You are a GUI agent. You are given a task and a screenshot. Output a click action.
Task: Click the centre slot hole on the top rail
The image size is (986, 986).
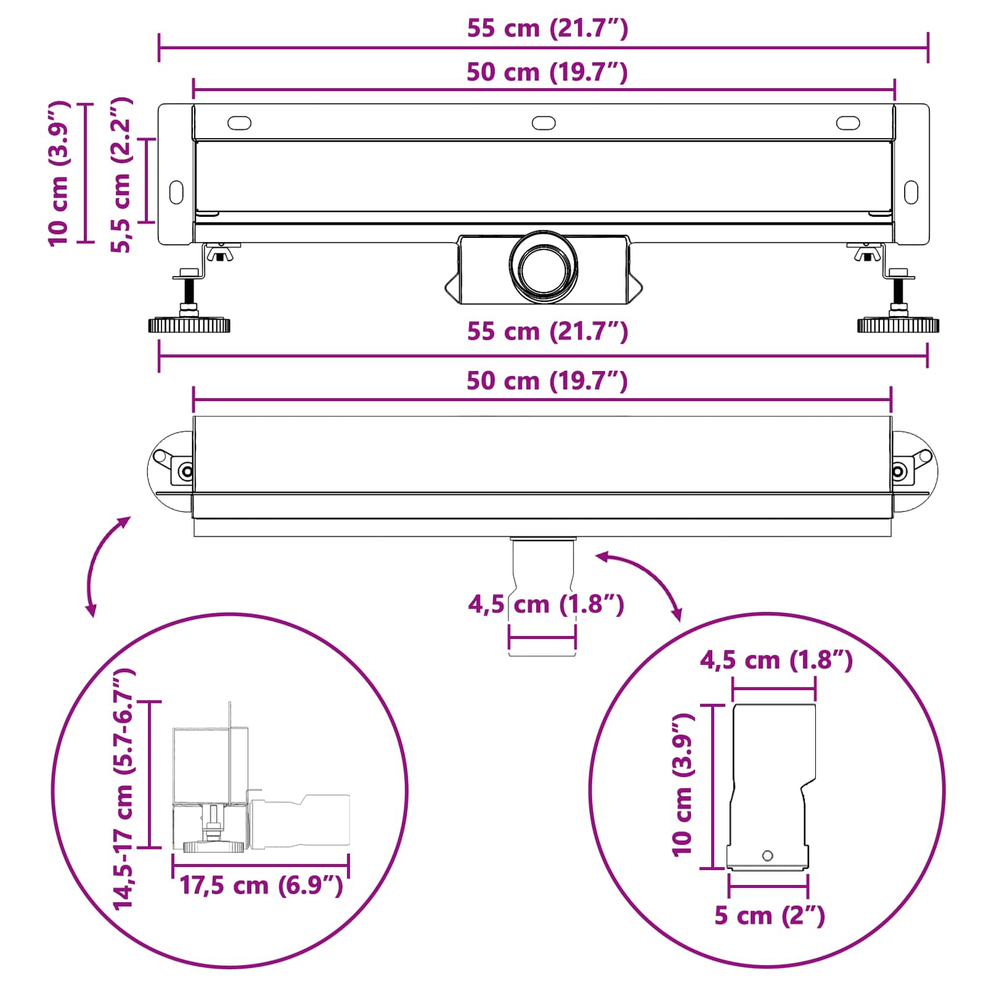[544, 123]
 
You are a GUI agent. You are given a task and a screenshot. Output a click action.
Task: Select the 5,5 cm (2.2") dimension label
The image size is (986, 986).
[121, 175]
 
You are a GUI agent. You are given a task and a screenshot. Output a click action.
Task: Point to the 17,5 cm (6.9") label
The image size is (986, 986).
[261, 886]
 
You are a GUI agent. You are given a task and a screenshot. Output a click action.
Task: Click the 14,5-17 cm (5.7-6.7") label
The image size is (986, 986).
[123, 789]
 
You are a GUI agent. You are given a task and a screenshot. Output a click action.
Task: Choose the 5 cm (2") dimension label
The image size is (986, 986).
[769, 916]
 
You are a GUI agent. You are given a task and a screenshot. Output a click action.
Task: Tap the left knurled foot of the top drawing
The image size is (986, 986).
[189, 325]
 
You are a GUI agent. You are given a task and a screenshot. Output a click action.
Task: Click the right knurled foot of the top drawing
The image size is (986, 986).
[898, 325]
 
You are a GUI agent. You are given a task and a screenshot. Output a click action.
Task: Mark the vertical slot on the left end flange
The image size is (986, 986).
[176, 192]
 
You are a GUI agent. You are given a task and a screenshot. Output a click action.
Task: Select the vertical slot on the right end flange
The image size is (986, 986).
[911, 192]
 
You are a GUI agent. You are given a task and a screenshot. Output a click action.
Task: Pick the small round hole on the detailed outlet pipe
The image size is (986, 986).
[767, 855]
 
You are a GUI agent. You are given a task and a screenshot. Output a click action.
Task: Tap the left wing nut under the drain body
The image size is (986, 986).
[217, 253]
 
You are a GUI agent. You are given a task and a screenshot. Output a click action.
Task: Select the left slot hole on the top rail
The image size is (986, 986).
[239, 123]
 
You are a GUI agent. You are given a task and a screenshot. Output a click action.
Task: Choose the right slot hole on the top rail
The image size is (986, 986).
[848, 123]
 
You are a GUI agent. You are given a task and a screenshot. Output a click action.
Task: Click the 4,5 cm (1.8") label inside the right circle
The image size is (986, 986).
[776, 661]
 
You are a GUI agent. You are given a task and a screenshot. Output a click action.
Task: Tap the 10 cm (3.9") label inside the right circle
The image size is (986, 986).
[683, 786]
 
